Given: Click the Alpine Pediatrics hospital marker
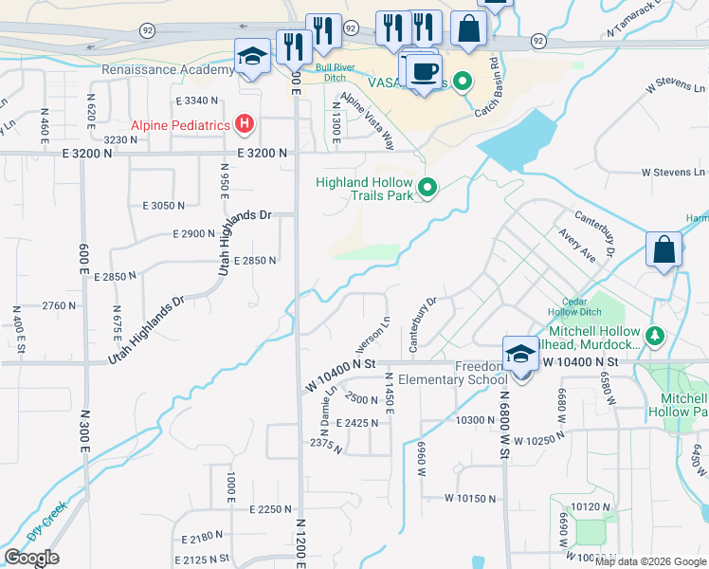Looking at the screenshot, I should [x=245, y=124].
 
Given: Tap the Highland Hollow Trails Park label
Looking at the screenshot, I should [x=365, y=190].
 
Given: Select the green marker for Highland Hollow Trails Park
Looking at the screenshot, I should [x=427, y=189].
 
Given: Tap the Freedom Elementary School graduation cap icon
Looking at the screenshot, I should [x=520, y=354].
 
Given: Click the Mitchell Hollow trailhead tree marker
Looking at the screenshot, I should [x=654, y=336].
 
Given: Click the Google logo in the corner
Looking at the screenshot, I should [x=31, y=558].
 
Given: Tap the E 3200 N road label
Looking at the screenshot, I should [x=262, y=153].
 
